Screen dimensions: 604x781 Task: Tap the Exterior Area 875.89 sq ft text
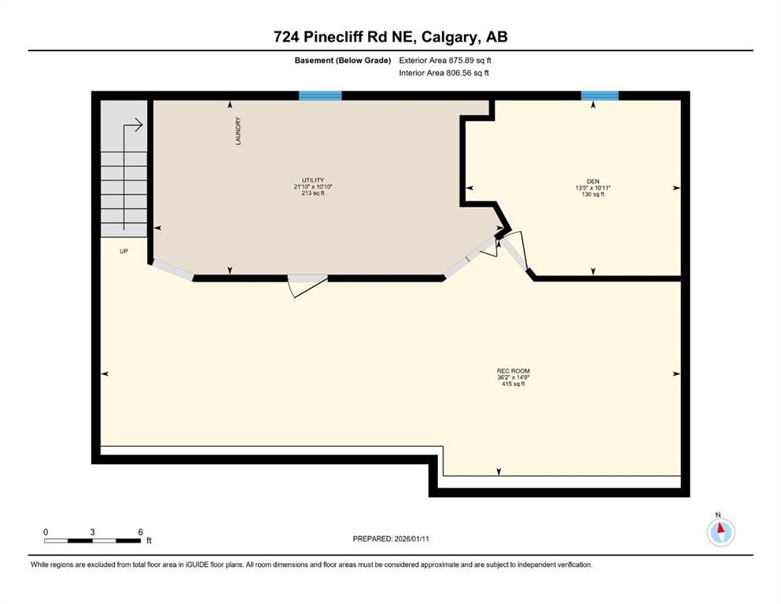(x=445, y=60)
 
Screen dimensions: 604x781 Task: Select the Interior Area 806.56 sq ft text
(x=444, y=73)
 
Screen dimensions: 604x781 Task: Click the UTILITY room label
(x=307, y=180)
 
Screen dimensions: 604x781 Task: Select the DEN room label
(x=592, y=181)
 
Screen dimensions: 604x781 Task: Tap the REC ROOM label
(x=507, y=370)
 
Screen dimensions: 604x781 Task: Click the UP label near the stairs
(x=123, y=252)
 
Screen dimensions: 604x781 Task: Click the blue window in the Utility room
(x=320, y=96)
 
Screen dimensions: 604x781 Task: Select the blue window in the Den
(x=599, y=96)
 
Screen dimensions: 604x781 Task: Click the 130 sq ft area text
(x=592, y=194)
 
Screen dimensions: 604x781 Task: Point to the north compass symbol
(x=720, y=532)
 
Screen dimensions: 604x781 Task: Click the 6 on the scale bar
(x=140, y=532)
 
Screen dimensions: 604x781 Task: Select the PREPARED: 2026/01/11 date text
(x=390, y=539)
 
